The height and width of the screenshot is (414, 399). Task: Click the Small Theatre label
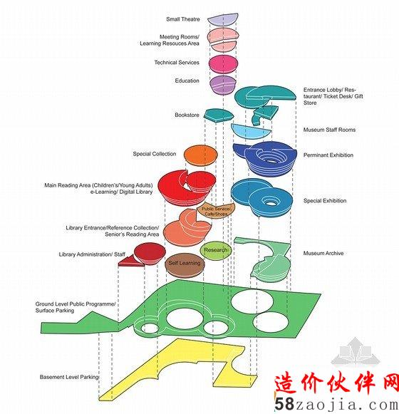[x=182, y=19]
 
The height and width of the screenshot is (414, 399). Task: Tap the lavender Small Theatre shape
[x=223, y=20]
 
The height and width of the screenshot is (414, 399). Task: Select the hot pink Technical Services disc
[x=224, y=63]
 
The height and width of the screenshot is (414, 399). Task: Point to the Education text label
[x=187, y=81]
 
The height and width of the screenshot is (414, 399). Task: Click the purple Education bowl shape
[x=223, y=85]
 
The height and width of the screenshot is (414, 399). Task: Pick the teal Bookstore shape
[x=219, y=115]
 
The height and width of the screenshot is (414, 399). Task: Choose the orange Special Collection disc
[x=201, y=156]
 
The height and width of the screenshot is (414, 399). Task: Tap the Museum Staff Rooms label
[x=329, y=130]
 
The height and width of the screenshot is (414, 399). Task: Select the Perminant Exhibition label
[x=328, y=155]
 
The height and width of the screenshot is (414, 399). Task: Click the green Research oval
[x=215, y=250]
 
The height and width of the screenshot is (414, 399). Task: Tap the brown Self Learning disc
[x=185, y=264]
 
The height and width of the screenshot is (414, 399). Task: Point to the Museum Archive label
[x=323, y=253]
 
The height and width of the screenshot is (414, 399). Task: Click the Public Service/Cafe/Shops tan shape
[x=216, y=210]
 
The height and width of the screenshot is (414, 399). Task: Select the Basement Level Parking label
[x=69, y=377]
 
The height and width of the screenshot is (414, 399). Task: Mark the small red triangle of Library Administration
[x=129, y=262]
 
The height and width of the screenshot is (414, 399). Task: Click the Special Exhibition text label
[x=325, y=201]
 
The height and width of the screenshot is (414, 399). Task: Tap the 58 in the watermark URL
[x=284, y=404]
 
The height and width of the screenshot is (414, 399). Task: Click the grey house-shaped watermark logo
[x=356, y=352]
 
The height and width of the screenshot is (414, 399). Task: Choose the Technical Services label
[x=177, y=63]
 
